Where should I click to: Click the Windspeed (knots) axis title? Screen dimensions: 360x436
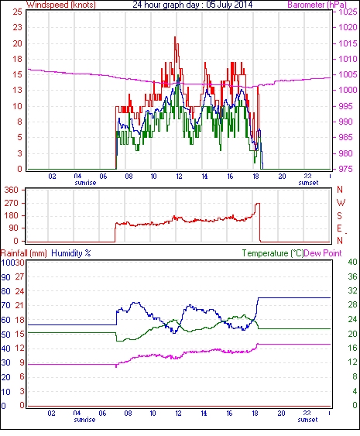61,5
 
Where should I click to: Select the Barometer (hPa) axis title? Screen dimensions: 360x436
317,5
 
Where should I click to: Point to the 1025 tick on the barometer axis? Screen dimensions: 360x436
348,12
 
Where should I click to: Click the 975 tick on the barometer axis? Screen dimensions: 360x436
346,169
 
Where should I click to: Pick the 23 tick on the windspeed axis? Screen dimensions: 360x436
17,27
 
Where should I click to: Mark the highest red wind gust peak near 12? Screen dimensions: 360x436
175,37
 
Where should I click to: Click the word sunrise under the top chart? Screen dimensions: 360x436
85,183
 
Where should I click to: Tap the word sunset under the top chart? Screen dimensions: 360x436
308,183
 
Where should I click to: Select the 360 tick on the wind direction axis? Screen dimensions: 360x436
12,191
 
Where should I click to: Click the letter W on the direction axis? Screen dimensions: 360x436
341,203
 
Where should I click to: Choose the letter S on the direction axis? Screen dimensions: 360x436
339,216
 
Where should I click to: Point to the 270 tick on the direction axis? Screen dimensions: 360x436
12,203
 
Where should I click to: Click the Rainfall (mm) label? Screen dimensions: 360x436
24,253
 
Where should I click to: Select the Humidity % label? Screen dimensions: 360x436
71,253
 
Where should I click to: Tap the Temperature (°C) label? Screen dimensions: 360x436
273,253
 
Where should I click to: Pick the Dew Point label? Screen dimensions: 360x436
323,253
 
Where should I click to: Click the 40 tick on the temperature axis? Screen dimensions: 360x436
352,262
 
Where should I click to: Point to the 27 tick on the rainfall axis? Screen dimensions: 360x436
19,277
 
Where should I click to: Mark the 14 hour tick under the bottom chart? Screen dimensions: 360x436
204,414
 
